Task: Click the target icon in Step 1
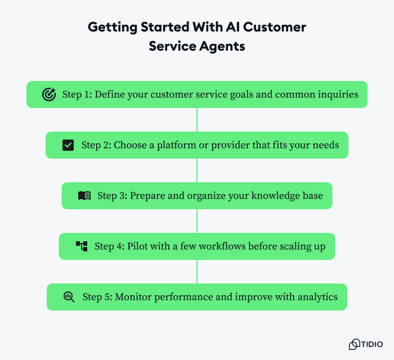(x=49, y=94)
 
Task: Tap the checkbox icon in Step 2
(x=68, y=145)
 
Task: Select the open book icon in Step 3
(x=84, y=196)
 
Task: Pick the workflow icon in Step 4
(x=82, y=246)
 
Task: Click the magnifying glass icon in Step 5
(x=69, y=296)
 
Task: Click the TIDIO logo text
(x=372, y=344)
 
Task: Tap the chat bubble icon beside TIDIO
(x=355, y=344)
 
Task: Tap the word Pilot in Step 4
(x=139, y=246)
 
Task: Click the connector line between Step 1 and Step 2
(x=197, y=120)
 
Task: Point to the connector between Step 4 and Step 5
(x=197, y=271)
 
